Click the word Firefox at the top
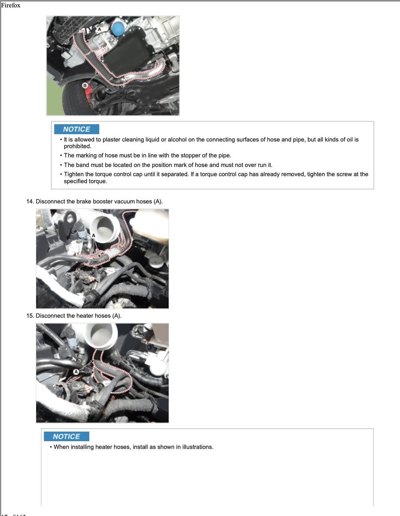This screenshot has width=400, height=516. (x=11, y=6)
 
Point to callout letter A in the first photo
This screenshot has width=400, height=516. (x=99, y=29)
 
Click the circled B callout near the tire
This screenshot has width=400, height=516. (x=85, y=86)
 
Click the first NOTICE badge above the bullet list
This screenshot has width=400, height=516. (x=76, y=129)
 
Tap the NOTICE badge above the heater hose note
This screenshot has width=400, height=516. (x=66, y=436)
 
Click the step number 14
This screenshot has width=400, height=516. (x=30, y=202)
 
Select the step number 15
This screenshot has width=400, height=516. (x=30, y=316)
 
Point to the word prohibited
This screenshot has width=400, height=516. (x=77, y=146)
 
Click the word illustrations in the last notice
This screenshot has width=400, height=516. (x=197, y=447)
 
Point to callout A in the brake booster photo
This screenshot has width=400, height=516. (x=93, y=236)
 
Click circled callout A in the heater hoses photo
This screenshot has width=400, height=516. (x=76, y=372)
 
